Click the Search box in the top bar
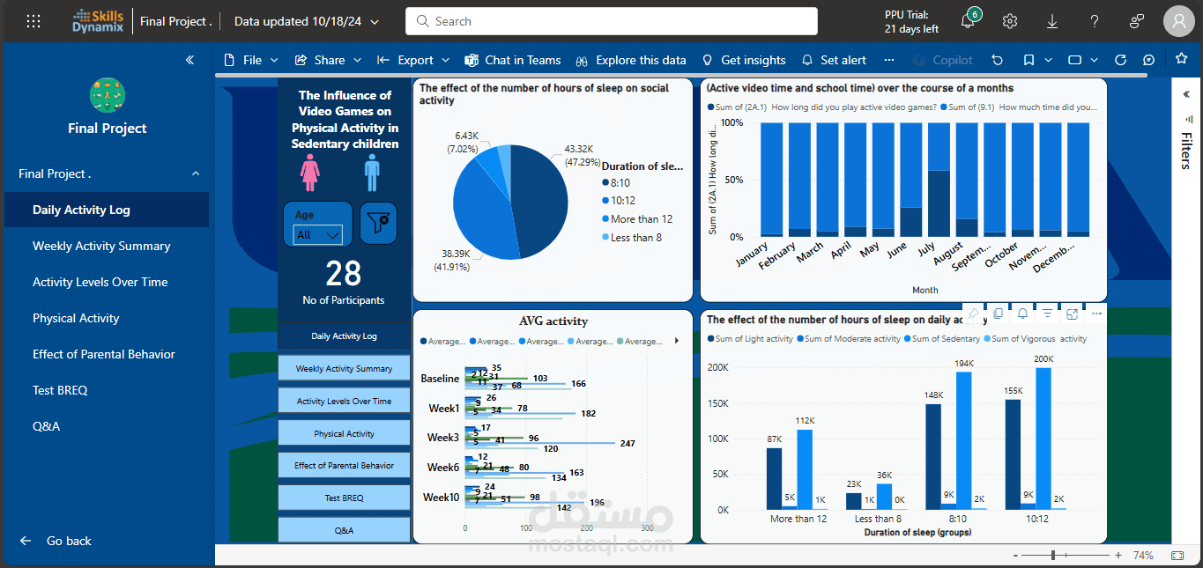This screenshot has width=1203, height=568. [x=611, y=21]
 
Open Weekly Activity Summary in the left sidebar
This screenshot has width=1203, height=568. [x=101, y=246]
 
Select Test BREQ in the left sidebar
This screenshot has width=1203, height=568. [x=60, y=390]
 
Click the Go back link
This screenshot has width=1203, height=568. [x=69, y=541]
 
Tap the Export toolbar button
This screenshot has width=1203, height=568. [x=414, y=60]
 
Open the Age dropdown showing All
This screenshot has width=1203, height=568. [x=318, y=234]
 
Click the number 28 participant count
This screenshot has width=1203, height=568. [x=343, y=274]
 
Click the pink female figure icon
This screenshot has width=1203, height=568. [x=309, y=173]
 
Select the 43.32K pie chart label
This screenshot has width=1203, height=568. [x=579, y=149]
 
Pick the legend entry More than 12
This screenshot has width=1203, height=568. [x=641, y=219]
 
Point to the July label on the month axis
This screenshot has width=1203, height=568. [x=925, y=250]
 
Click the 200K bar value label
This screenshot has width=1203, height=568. [x=1043, y=358]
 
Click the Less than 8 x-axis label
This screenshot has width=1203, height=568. [x=879, y=519]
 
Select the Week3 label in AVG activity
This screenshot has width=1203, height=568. [x=442, y=438]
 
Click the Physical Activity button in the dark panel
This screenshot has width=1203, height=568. [x=344, y=433]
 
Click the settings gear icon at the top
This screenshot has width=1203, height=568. [x=1010, y=21]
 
